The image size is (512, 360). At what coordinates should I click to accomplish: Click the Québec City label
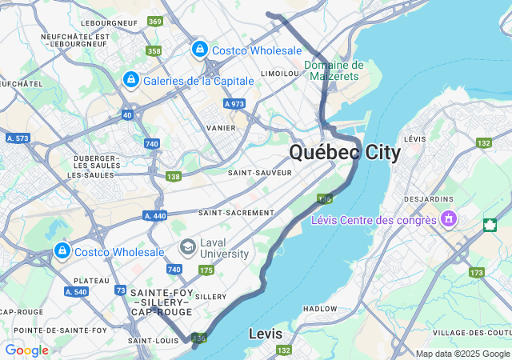coord(345,152)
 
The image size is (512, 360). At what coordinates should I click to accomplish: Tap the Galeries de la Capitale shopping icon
coord(130,80)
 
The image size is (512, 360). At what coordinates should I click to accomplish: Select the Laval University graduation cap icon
coord(188,246)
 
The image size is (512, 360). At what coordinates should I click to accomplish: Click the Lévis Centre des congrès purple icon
coord(449,218)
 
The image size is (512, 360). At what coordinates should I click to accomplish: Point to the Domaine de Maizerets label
coord(334,70)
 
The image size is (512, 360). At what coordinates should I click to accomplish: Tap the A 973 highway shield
coord(234,104)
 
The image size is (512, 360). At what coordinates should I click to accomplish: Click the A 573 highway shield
coord(18,138)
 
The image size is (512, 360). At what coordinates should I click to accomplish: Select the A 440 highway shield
coord(155,216)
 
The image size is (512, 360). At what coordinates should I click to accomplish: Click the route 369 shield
coord(155,21)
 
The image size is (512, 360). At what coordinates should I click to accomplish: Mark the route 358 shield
coord(154,51)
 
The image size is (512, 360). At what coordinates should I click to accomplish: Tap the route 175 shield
coord(206,270)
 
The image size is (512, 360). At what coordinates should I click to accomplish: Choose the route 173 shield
coord(477,273)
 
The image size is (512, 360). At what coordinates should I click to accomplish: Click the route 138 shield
coord(174,176)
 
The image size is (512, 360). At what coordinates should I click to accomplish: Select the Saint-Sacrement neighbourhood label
coord(236,213)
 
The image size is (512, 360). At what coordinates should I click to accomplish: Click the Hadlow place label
coord(321,308)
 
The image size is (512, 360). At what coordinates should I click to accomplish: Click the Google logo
coord(26,350)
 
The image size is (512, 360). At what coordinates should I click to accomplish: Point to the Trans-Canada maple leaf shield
coord(490,224)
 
